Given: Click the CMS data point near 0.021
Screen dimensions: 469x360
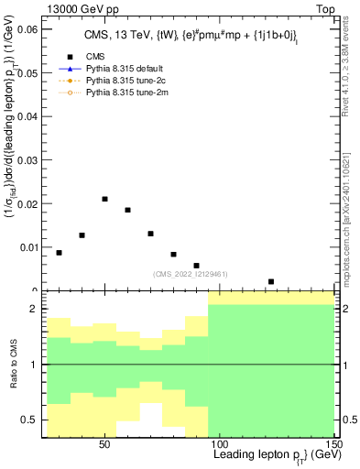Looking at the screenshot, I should [x=105, y=199].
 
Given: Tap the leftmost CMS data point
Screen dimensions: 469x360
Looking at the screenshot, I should [x=60, y=253].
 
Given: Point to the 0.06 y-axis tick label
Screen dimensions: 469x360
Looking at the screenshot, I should [x=27, y=30].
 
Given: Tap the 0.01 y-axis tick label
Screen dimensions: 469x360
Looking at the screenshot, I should [x=27, y=246].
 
